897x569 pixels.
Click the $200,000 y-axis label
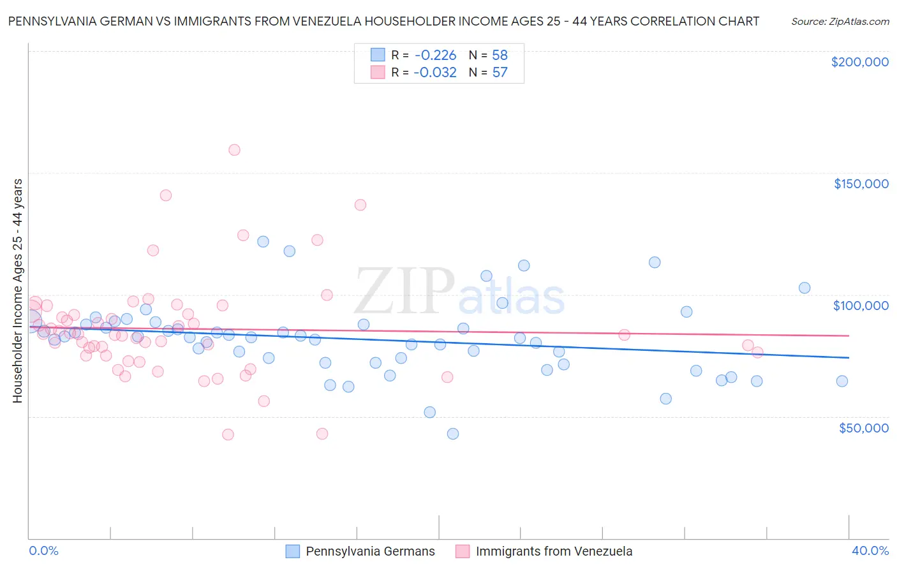[859, 62]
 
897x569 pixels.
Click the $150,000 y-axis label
[861, 184]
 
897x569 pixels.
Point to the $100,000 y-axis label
[861, 306]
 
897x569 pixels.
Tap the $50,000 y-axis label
[863, 427]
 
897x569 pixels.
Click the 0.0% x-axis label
[43, 551]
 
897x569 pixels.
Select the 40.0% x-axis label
[870, 551]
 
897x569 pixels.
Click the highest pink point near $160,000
[234, 150]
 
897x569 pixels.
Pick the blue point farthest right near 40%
[841, 381]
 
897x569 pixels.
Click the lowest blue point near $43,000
[453, 434]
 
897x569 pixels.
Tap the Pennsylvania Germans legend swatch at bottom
[293, 551]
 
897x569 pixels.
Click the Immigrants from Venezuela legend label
[554, 551]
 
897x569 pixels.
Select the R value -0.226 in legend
[435, 55]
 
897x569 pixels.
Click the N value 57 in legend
[500, 73]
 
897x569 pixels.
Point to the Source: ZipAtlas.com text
[840, 22]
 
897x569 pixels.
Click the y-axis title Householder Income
[18, 290]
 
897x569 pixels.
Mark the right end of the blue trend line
[849, 358]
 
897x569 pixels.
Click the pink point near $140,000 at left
[166, 195]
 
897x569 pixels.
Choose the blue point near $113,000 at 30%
[655, 262]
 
